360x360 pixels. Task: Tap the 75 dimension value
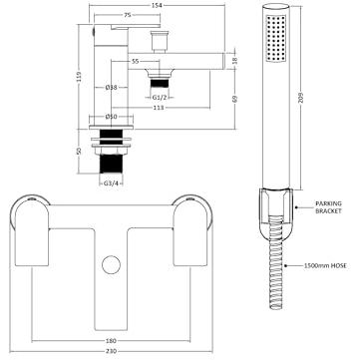click(x=127, y=15)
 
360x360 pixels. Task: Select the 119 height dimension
click(x=79, y=77)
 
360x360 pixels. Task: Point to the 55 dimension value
click(x=135, y=61)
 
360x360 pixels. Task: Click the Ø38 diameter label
click(x=111, y=88)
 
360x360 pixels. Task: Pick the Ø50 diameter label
click(x=111, y=117)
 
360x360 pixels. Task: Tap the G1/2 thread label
click(x=159, y=97)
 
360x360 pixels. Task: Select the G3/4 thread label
click(x=111, y=183)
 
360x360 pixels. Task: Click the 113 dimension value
click(x=161, y=108)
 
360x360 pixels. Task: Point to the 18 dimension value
click(x=234, y=61)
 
